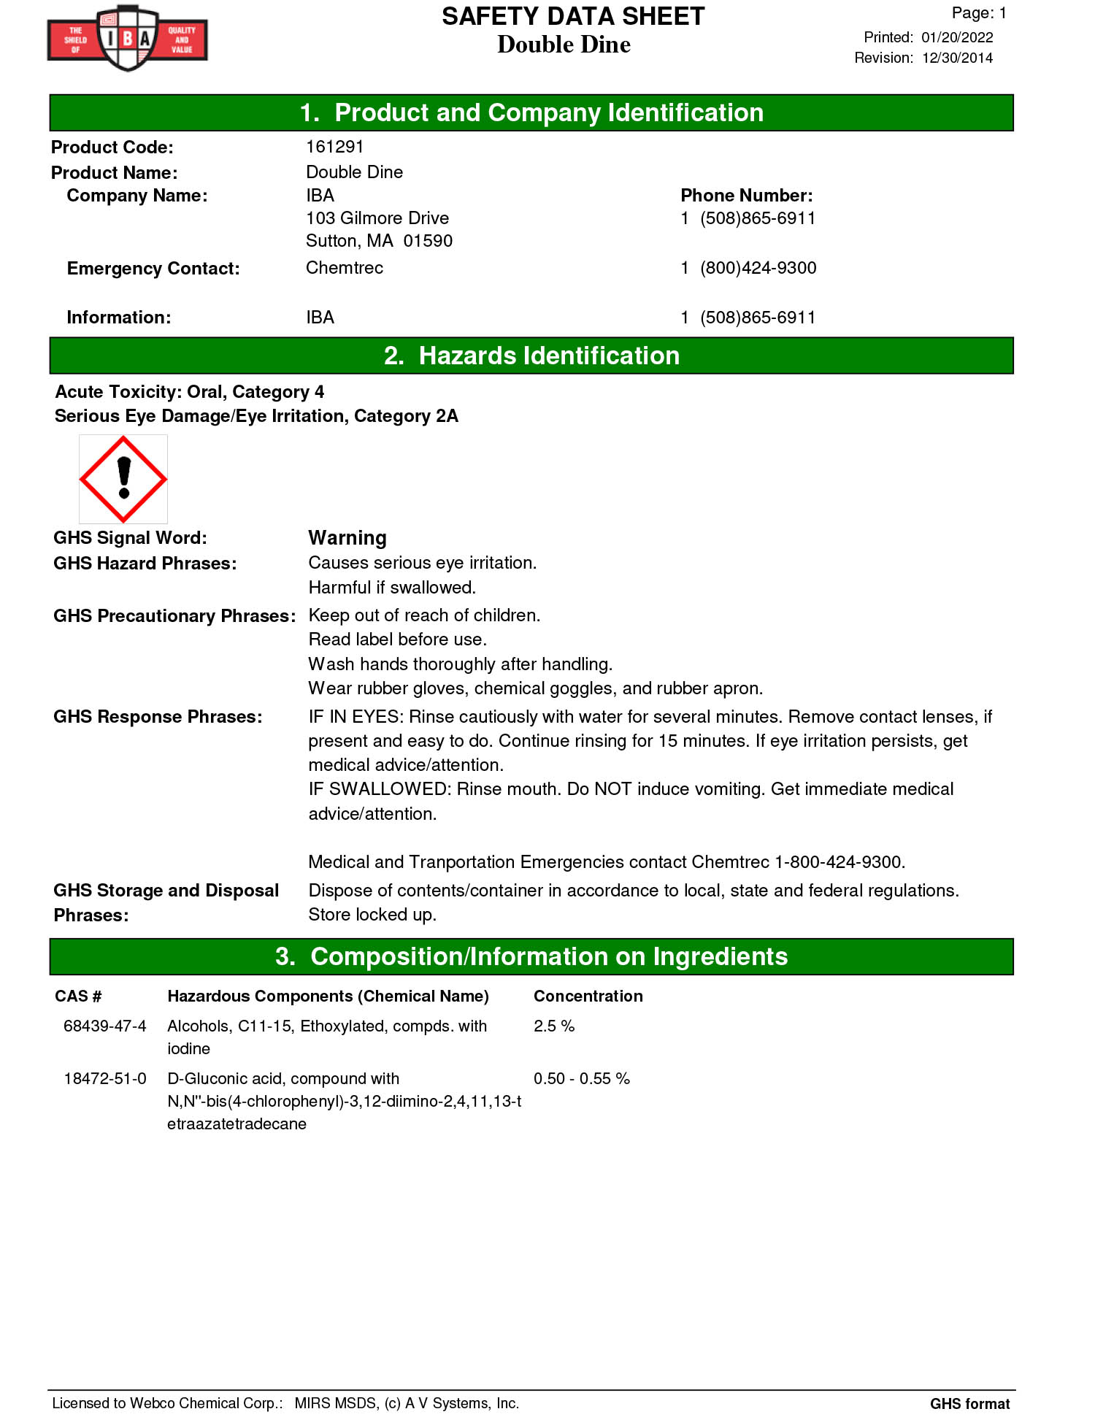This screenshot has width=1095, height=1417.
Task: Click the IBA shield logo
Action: pos(128,38)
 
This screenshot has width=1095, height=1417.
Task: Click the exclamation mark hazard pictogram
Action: pos(123,479)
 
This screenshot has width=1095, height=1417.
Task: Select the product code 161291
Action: pos(334,147)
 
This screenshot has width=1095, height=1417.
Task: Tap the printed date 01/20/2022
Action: pos(957,37)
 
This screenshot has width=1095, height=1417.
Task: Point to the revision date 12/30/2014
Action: pos(957,58)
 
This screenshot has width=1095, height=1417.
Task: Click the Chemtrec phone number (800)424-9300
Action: pos(758,268)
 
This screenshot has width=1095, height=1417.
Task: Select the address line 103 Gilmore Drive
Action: pos(377,218)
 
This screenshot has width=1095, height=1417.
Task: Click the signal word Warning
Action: pos(347,538)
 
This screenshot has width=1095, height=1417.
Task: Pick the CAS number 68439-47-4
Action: pos(105,1026)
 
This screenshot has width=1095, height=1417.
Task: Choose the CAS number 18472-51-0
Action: pos(105,1078)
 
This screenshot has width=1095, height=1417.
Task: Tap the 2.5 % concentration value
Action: pos(554,1026)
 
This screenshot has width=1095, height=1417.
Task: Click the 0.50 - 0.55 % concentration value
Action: pos(581,1078)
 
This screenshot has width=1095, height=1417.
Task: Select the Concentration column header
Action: pos(588,996)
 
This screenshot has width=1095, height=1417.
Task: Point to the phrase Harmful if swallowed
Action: pos(392,588)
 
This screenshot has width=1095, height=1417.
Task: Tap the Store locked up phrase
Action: pos(372,915)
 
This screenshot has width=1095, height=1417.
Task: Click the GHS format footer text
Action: pos(969,1403)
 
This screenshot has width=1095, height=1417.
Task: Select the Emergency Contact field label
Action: pos(153,269)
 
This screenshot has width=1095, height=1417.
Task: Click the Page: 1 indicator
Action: pos(978,13)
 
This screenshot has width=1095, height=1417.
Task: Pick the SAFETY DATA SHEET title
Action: pos(573,16)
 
